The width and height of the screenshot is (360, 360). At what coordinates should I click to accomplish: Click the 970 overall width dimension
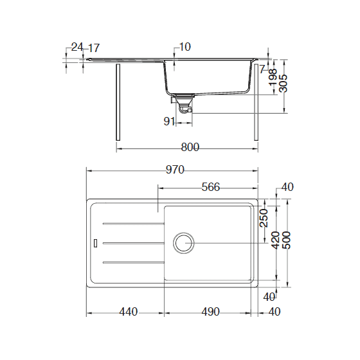click(175, 170)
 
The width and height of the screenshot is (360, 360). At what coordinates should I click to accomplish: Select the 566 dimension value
click(211, 187)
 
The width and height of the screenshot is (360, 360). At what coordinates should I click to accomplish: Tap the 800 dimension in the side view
click(190, 147)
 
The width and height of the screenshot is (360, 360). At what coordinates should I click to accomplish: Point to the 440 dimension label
click(129, 312)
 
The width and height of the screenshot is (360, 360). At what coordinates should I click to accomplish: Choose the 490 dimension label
click(210, 312)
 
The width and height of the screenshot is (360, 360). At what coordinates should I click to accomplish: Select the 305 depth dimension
click(283, 80)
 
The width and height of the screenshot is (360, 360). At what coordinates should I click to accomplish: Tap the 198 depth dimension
click(273, 78)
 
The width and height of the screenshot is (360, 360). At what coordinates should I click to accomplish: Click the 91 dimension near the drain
click(170, 121)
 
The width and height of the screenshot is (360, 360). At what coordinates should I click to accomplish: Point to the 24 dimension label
click(77, 47)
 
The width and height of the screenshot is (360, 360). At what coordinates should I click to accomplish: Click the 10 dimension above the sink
click(185, 46)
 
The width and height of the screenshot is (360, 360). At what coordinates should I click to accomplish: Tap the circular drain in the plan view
click(183, 243)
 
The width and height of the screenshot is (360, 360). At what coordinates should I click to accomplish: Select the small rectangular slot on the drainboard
click(96, 243)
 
